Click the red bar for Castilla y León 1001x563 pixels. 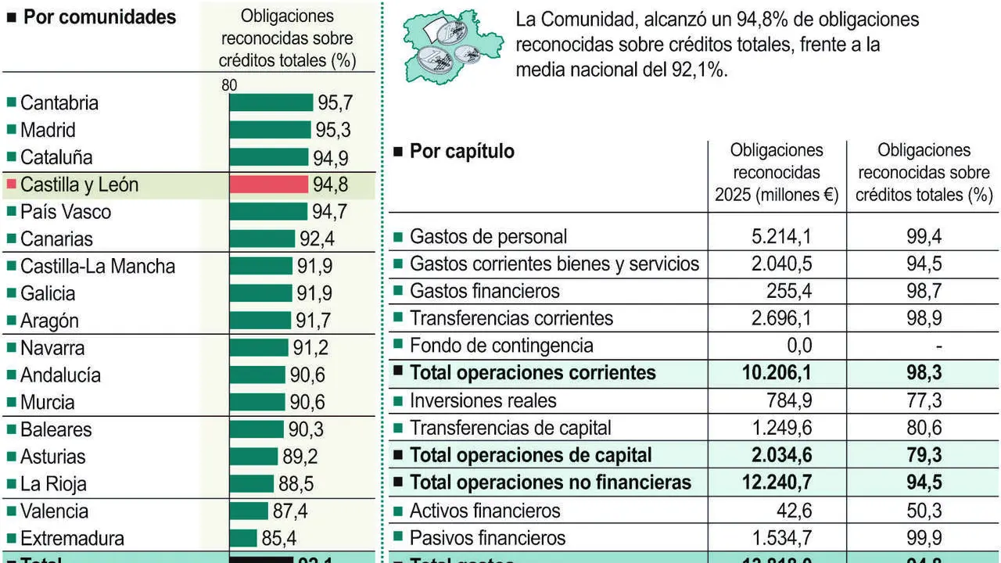pyautogui.click(x=268, y=185)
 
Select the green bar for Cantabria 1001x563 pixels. pyautogui.click(x=271, y=102)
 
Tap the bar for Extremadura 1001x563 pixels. pyautogui.click(x=243, y=539)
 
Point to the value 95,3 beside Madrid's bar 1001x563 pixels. pyautogui.click(x=332, y=130)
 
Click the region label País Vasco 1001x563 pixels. pyautogui.click(x=66, y=212)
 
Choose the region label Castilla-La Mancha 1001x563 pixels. pyautogui.click(x=98, y=267)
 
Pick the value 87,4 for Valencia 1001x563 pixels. pyautogui.click(x=290, y=511)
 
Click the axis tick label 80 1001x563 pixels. pyautogui.click(x=229, y=86)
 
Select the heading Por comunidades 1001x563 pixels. pyautogui.click(x=99, y=17)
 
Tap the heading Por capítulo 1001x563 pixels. pyautogui.click(x=461, y=151)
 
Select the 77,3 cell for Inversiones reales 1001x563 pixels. pyautogui.click(x=924, y=401)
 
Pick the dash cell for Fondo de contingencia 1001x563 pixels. pyautogui.click(x=938, y=346)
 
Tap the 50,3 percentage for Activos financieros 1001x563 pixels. pyautogui.click(x=924, y=511)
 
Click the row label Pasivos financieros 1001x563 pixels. pyautogui.click(x=487, y=538)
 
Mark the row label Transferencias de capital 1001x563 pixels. pyautogui.click(x=511, y=429)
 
